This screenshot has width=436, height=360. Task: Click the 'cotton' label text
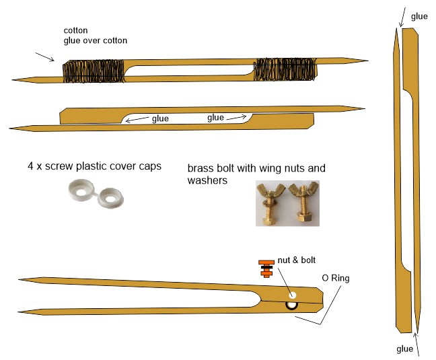pyautogui.click(x=75, y=30)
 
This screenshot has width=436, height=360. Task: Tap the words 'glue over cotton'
pyautogui.click(x=96, y=40)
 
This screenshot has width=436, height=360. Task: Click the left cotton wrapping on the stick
pyautogui.click(x=94, y=71)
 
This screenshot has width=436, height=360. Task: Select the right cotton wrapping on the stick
pyautogui.click(x=285, y=69)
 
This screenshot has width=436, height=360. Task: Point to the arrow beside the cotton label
pyautogui.click(x=45, y=57)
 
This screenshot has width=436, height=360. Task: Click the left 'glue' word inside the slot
pyautogui.click(x=160, y=118)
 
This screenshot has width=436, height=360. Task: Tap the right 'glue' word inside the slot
pyautogui.click(x=215, y=118)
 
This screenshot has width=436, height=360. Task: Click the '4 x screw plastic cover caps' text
pyautogui.click(x=95, y=166)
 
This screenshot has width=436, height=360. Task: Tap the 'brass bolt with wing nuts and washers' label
pyautogui.click(x=256, y=174)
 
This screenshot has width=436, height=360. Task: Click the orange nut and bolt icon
pyautogui.click(x=266, y=268)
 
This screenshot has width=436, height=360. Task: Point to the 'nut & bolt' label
pyautogui.click(x=297, y=260)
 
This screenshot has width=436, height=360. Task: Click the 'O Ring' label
pyautogui.click(x=336, y=278)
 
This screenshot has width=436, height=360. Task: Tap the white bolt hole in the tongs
pyautogui.click(x=292, y=295)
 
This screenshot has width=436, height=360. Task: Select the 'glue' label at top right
pyautogui.click(x=419, y=17)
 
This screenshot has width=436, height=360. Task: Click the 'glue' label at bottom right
pyautogui.click(x=405, y=349)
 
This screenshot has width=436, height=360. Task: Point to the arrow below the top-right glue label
pyautogui.click(x=402, y=17)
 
